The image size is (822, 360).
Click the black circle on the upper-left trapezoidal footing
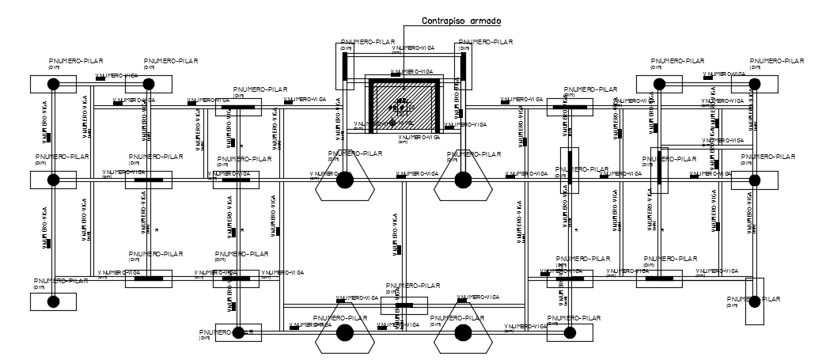click(345, 180)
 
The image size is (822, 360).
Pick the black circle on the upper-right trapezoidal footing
click(463, 180)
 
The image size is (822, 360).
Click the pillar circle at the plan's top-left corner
click(53, 83)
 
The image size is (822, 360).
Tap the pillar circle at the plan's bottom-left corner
click(53, 301)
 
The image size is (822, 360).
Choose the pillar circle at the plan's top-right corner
click(755, 83)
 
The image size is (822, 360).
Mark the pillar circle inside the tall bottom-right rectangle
click(755, 301)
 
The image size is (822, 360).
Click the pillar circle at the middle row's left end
click(53, 180)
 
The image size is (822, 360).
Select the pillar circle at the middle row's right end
click(755, 180)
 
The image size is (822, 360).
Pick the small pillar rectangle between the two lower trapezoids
click(403, 305)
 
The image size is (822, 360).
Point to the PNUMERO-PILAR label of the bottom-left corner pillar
click(62, 281)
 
